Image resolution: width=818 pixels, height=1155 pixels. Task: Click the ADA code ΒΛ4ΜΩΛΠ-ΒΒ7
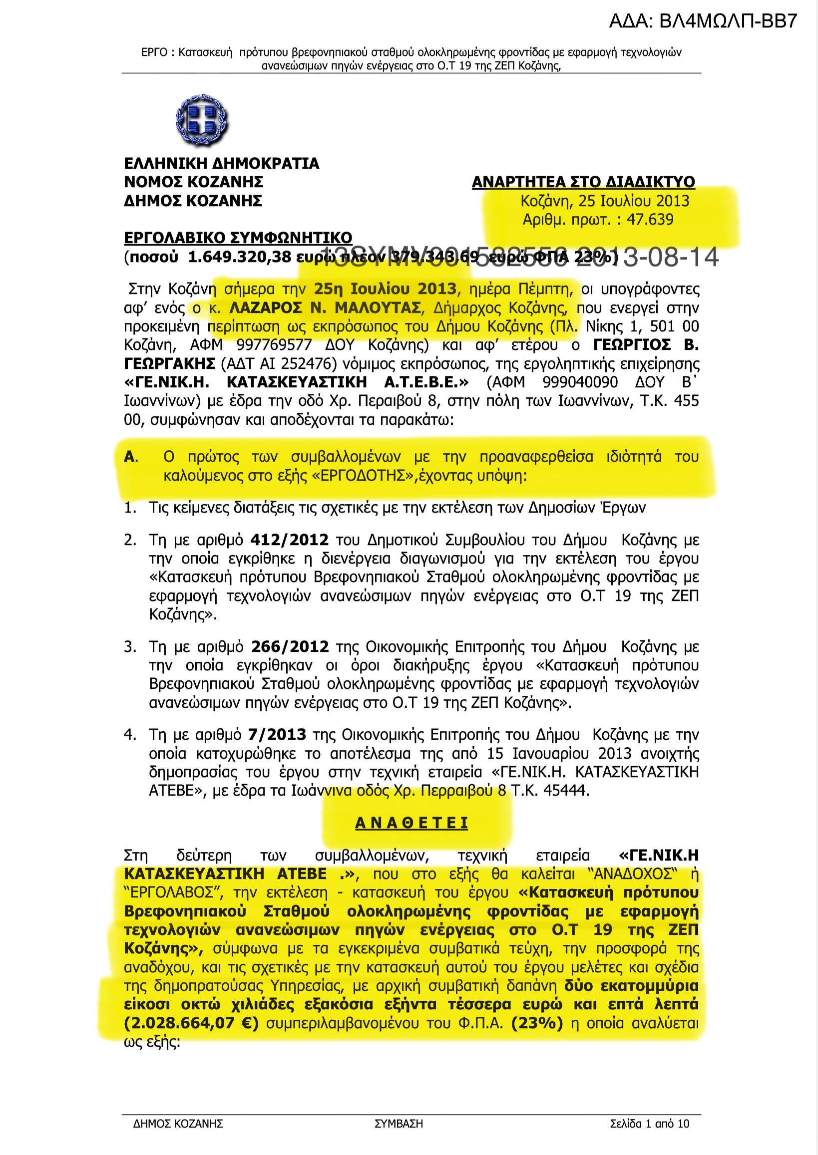(703, 21)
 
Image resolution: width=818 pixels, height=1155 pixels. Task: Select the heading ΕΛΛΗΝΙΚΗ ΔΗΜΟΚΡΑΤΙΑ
(221, 164)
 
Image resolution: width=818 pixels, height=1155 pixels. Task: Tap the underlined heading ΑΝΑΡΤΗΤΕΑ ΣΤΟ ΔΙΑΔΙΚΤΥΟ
(583, 182)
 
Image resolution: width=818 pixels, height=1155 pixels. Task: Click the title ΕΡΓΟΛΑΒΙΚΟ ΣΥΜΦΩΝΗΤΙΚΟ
(238, 238)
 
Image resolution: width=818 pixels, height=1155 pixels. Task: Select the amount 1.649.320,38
(239, 257)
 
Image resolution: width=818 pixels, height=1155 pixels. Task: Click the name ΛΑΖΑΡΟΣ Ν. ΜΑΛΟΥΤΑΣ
(325, 307)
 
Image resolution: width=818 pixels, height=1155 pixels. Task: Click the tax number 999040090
(580, 383)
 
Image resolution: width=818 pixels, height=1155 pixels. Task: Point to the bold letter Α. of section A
(130, 457)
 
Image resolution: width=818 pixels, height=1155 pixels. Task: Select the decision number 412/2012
(289, 540)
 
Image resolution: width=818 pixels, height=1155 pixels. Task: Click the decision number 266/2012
(290, 647)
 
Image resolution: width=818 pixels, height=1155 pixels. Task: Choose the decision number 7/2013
(277, 735)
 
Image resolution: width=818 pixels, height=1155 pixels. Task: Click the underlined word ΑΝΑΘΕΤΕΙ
(411, 823)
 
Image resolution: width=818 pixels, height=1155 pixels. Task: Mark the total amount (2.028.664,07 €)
(191, 1024)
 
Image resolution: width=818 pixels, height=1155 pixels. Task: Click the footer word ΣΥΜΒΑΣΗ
(399, 1124)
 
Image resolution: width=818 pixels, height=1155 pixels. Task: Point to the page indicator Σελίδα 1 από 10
(649, 1124)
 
